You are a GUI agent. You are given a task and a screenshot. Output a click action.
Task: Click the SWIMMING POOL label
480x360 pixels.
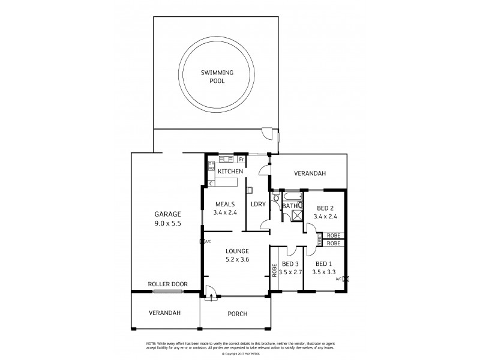coord(217,76)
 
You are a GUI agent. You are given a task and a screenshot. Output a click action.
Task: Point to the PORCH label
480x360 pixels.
coord(238,314)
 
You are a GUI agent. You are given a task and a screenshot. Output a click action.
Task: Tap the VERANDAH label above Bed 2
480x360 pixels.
coord(310,174)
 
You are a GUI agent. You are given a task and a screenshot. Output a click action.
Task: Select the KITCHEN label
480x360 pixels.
coord(230,172)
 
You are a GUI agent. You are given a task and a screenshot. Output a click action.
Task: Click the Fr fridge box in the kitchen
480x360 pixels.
coord(241,160)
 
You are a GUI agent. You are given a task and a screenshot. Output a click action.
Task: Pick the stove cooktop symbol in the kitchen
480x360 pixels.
coord(211,166)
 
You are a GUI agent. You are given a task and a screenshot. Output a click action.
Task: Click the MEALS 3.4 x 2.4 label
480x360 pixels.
coord(224,208)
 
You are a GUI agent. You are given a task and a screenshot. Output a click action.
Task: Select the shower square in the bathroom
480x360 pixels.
coord(295,216)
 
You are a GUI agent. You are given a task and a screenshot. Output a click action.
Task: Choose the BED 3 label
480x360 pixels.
coord(290,268)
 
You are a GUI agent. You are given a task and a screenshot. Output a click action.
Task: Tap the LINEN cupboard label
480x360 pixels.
coord(319,239)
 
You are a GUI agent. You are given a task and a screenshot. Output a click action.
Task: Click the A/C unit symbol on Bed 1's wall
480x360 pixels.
coord(344,279)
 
